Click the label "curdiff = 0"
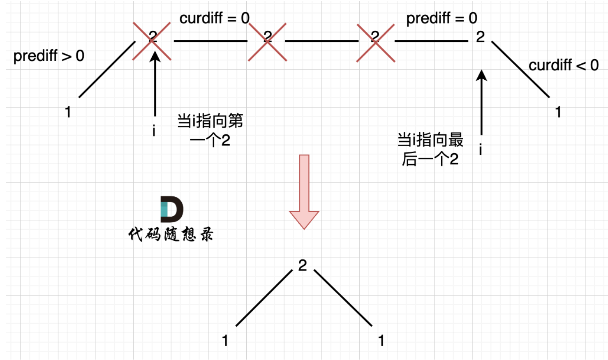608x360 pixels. [x=214, y=18]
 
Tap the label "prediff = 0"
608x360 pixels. [x=442, y=18]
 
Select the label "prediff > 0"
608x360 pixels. [x=49, y=56]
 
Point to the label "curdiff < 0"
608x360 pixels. [x=563, y=65]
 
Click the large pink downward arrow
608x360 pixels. [x=304, y=191]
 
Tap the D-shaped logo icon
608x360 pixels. [x=171, y=209]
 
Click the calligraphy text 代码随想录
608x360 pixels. [x=171, y=234]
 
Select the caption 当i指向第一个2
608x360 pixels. [x=210, y=130]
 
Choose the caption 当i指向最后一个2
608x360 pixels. [x=430, y=149]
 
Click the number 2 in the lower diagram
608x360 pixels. [x=303, y=265]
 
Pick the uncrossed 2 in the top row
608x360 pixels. [x=480, y=37]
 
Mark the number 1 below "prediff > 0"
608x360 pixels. [x=68, y=112]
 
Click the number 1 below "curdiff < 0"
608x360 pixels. [x=558, y=112]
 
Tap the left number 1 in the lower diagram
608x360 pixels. [x=225, y=341]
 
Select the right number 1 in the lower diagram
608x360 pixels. [x=381, y=341]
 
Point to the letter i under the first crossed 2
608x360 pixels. [x=154, y=131]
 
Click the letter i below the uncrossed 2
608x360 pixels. [x=480, y=150]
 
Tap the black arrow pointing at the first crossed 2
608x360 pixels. [x=155, y=84]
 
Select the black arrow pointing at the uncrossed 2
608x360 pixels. [x=481, y=103]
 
